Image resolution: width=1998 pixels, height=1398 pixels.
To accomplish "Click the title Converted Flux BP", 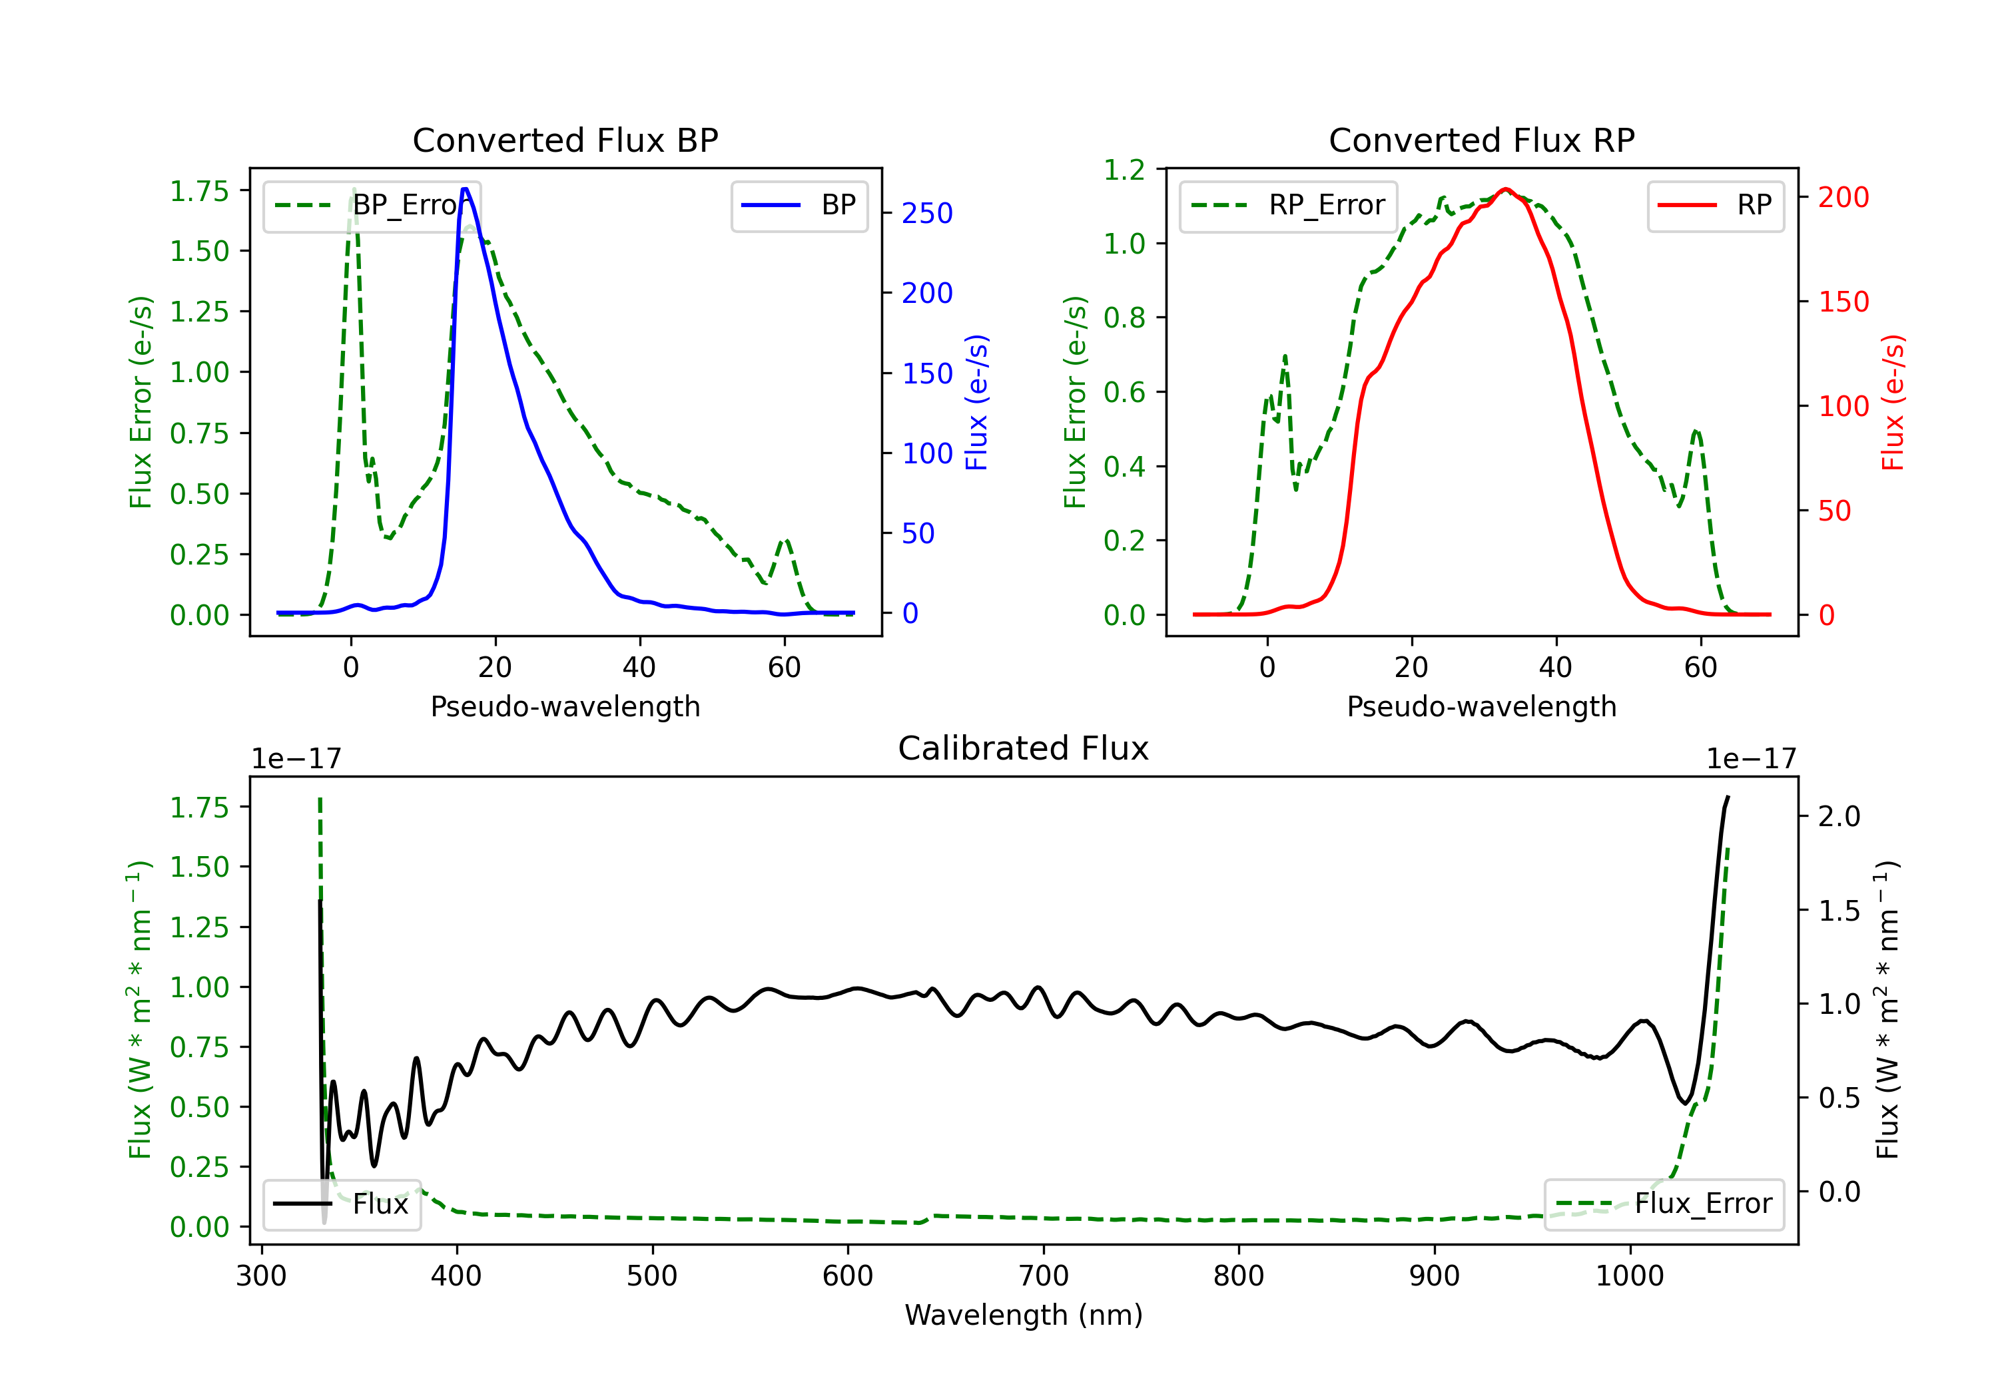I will (565, 140).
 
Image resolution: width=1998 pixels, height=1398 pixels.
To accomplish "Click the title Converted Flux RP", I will (1481, 140).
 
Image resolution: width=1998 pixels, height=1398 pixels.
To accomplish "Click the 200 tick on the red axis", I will (1843, 198).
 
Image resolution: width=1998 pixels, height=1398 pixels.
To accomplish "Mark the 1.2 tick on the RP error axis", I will (1124, 170).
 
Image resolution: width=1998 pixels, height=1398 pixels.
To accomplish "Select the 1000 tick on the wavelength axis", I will (1629, 1276).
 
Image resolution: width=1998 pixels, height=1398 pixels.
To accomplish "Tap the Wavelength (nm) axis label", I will (1024, 1315).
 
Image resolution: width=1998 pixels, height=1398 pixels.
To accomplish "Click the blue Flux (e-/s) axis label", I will (976, 402).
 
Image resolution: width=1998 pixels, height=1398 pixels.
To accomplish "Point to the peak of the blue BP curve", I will (465, 189).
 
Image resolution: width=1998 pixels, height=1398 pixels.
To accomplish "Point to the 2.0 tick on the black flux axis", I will (1839, 817).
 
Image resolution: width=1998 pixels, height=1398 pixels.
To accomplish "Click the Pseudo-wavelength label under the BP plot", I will (565, 706).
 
